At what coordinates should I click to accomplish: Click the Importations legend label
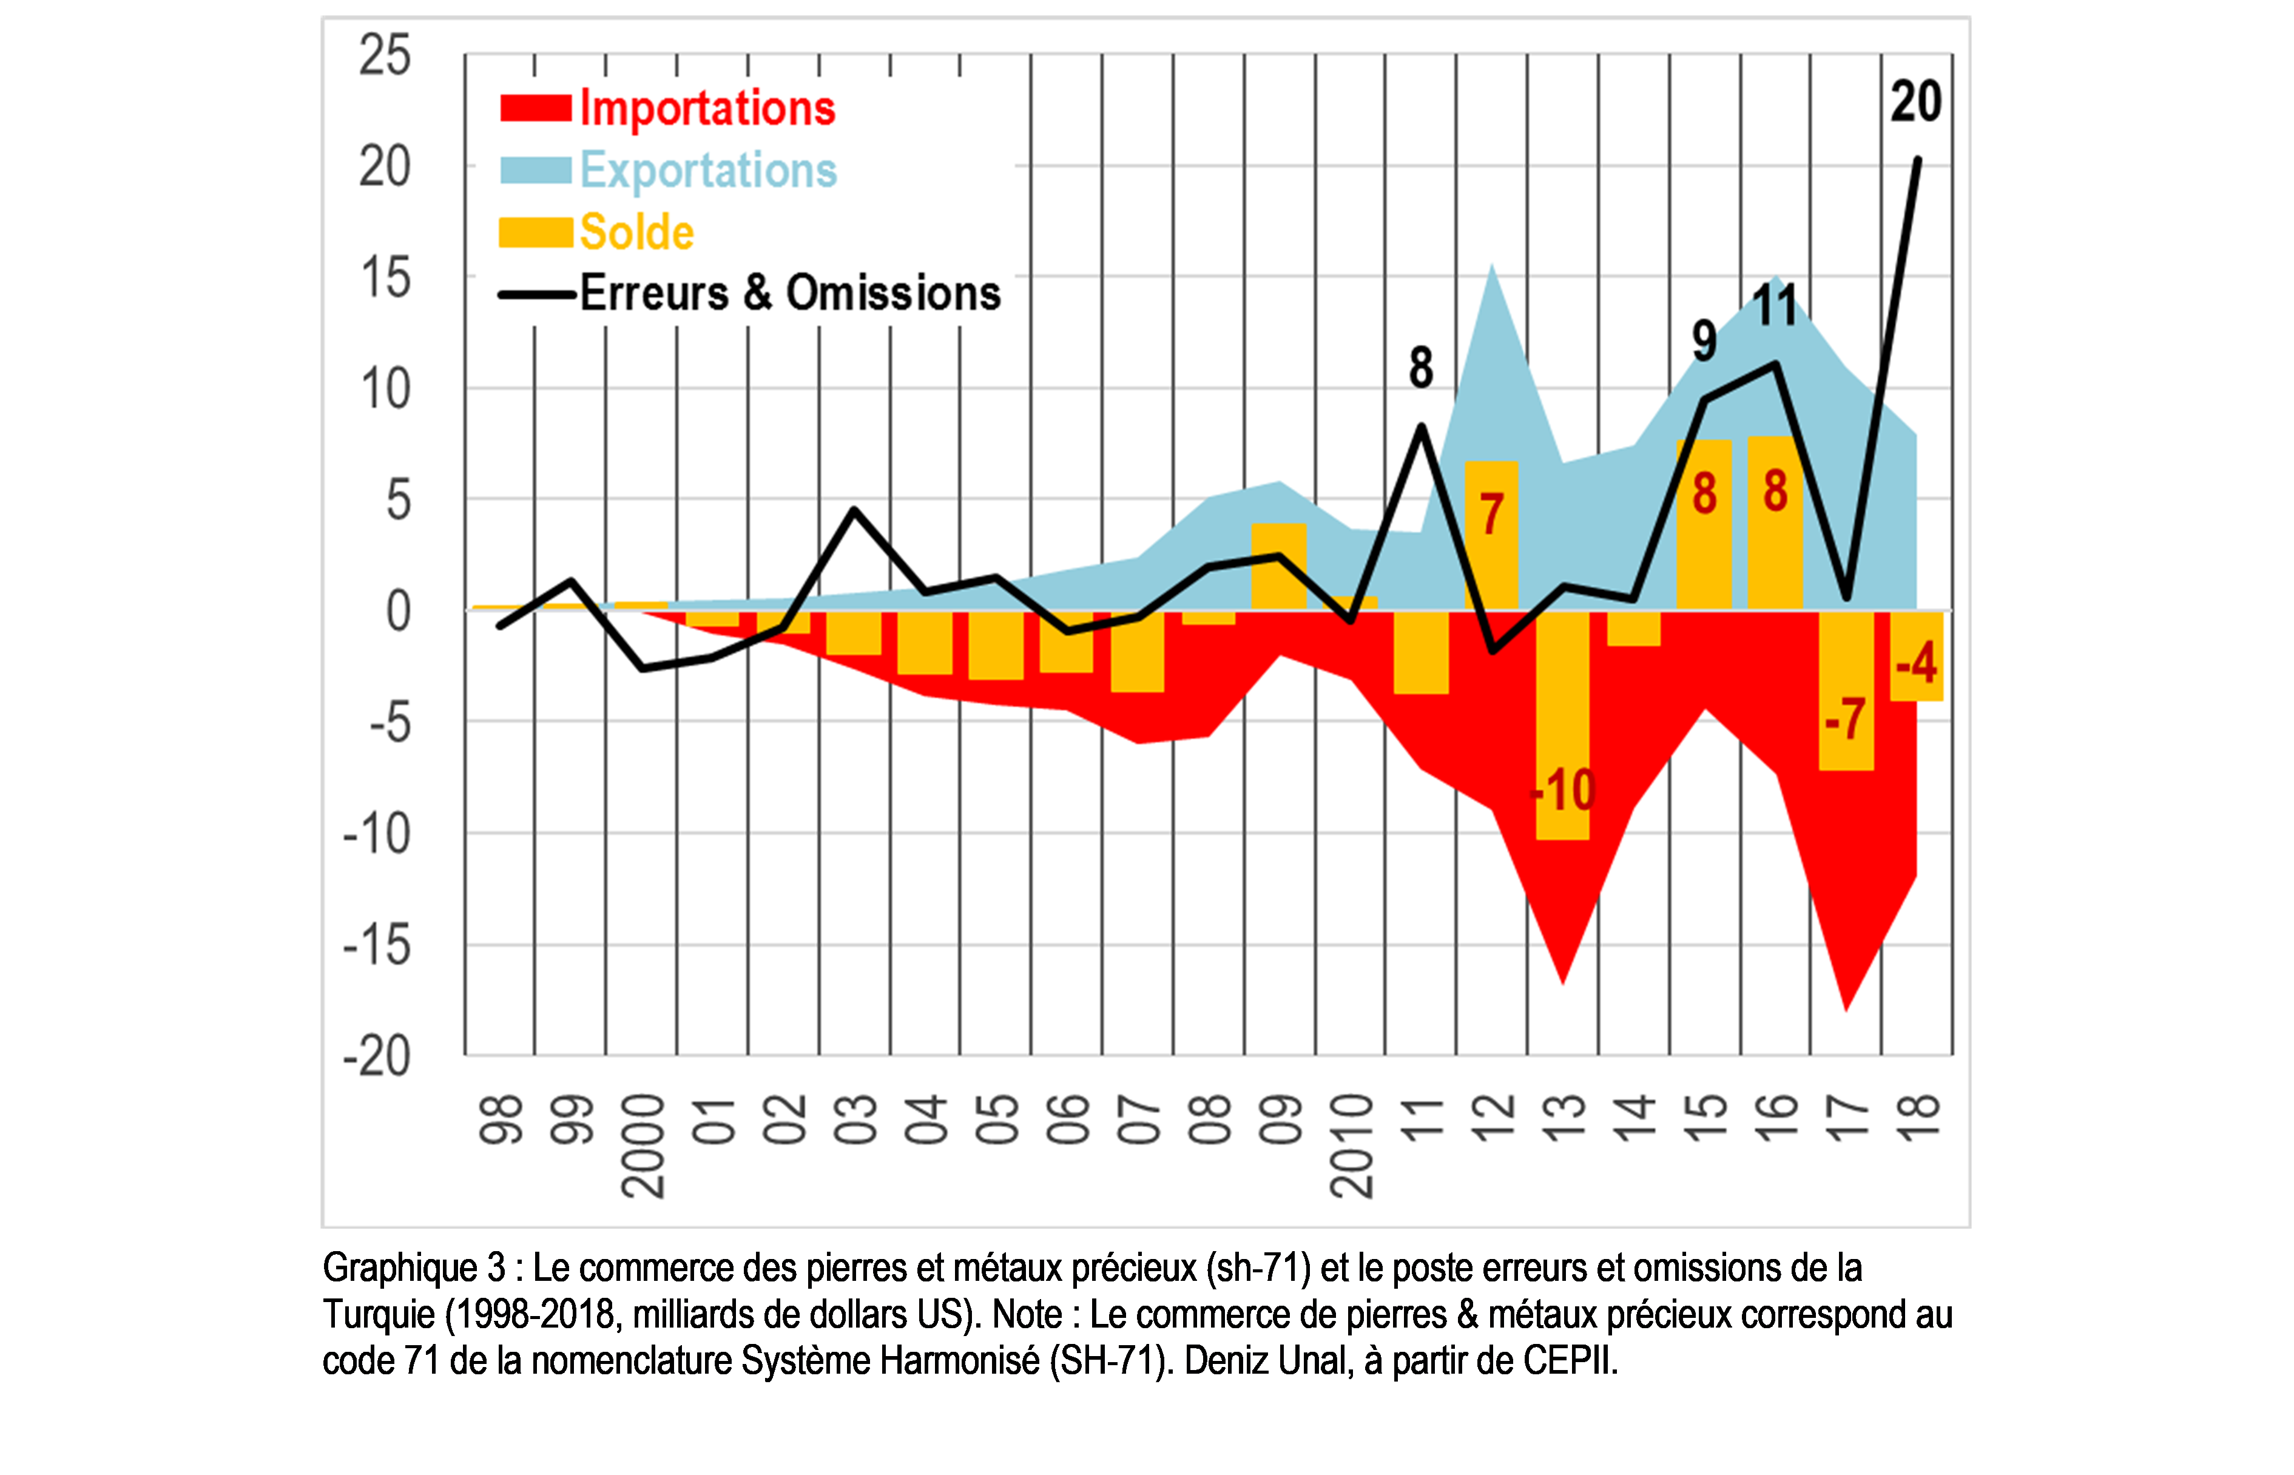[707, 108]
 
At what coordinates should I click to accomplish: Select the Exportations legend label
[708, 170]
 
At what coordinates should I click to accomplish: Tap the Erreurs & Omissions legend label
[790, 293]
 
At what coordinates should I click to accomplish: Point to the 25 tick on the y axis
[385, 56]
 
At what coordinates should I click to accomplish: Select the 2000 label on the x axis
[643, 1147]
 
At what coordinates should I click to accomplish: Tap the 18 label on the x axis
[1918, 1116]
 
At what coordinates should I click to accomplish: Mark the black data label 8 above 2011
[1420, 368]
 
